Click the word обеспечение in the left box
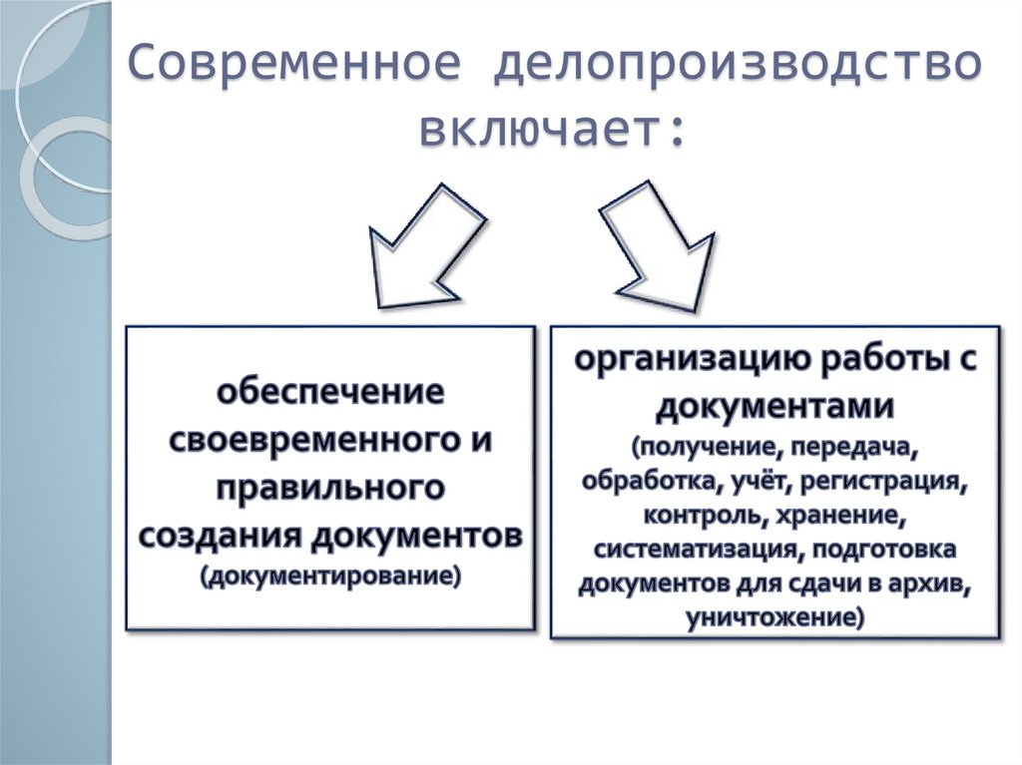pos(330,391)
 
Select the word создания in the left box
pos(220,536)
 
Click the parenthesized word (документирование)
pos(330,576)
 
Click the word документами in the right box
pos(773,407)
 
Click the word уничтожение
pos(770,617)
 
